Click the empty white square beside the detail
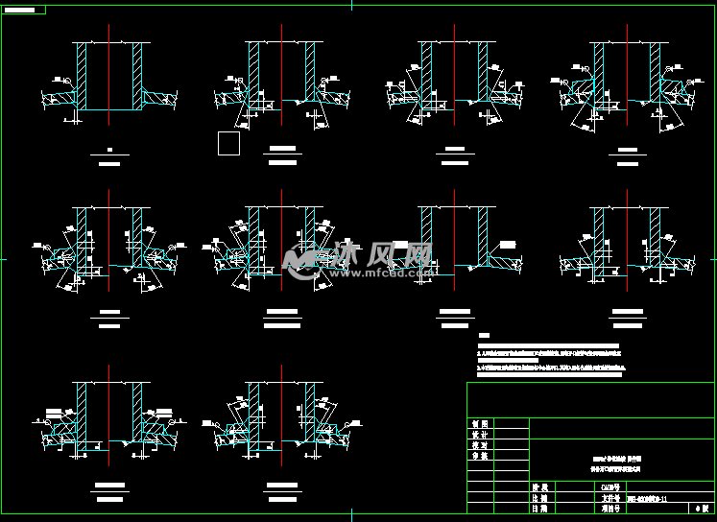[x=228, y=144]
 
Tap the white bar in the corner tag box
[x=25, y=10]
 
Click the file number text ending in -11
[x=653, y=499]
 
